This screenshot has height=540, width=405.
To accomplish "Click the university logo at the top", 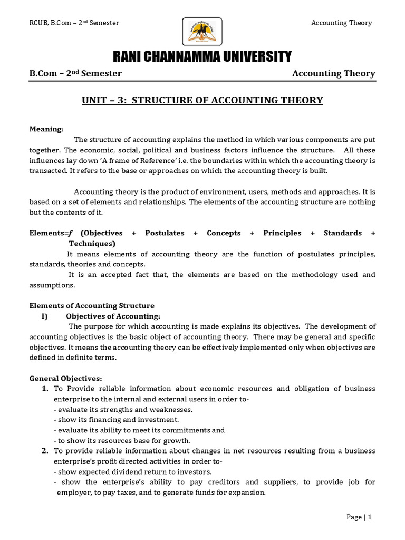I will (202, 31).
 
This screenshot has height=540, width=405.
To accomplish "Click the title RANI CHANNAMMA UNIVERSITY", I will (202, 56).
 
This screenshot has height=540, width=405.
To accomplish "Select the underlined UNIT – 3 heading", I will (202, 100).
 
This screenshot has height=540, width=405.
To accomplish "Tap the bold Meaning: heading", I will (46, 129).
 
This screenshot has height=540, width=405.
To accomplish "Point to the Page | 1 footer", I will (359, 517).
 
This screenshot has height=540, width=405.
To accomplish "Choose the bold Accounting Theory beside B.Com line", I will (333, 74).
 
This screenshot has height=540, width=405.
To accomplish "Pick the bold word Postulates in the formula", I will (165, 233).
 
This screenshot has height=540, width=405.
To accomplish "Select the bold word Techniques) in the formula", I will (92, 244).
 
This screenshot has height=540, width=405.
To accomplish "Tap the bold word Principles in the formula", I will (282, 233).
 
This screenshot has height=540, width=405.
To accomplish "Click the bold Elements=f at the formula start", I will (49, 233).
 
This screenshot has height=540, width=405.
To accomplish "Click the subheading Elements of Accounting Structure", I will (92, 306).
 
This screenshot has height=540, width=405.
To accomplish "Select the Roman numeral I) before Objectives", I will (44, 316).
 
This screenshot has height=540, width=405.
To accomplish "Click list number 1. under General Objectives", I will (45, 389).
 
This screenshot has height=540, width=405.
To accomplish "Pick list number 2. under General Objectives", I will (45, 451).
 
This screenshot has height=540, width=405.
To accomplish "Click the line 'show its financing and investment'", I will (117, 420).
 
